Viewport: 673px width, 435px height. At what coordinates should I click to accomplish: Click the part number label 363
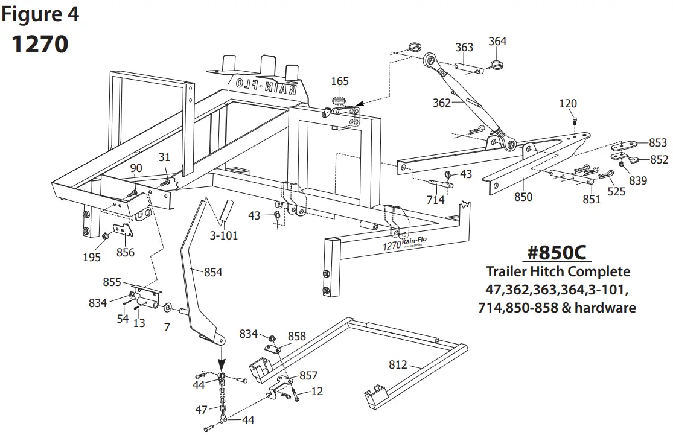464,48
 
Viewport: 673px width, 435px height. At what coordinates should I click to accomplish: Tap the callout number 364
497,41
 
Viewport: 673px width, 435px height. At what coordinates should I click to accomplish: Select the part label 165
340,81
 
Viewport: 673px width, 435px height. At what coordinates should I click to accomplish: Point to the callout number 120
568,104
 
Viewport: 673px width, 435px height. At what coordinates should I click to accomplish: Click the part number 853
657,143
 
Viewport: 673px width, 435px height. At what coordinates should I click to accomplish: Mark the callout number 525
616,192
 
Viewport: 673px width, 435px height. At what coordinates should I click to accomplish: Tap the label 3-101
225,235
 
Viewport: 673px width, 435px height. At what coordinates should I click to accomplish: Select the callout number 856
125,252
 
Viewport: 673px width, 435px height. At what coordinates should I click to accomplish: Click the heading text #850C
557,252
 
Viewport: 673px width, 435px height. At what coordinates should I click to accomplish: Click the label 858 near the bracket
296,335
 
